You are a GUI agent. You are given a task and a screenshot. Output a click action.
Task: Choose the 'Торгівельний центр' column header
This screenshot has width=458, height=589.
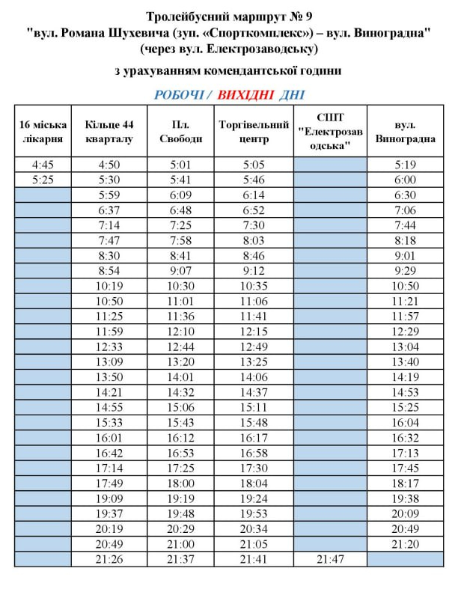coord(253,132)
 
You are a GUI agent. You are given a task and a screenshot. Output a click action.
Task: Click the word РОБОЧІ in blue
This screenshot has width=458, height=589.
coord(179,95)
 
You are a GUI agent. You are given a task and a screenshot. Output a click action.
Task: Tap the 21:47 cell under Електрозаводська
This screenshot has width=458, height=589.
coord(329,559)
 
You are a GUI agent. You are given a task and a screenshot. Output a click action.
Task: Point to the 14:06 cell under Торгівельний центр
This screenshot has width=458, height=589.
coord(253,377)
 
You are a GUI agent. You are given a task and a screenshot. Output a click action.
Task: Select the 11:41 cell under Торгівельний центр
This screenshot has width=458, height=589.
coord(253,317)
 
